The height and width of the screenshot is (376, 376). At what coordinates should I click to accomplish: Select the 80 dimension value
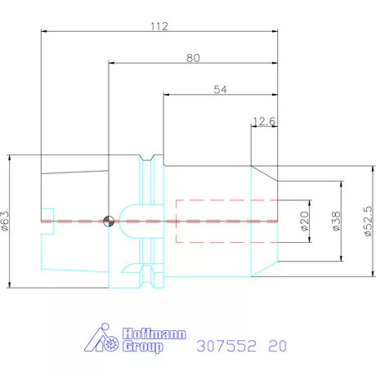pyautogui.click(x=194, y=57)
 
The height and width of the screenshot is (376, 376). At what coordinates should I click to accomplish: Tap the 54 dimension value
pyautogui.click(x=220, y=89)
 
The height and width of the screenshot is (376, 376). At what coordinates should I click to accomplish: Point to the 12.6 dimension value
pyautogui.click(x=264, y=122)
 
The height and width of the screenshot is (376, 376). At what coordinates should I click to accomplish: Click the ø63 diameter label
pyautogui.click(x=7, y=221)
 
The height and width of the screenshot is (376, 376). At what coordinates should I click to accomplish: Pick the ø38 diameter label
pyautogui.click(x=335, y=221)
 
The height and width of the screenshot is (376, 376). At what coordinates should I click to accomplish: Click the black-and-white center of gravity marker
pyautogui.click(x=109, y=221)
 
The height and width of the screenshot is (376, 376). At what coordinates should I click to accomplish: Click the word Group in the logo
pyautogui.click(x=142, y=347)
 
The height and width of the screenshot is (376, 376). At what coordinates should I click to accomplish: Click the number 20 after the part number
pyautogui.click(x=278, y=346)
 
